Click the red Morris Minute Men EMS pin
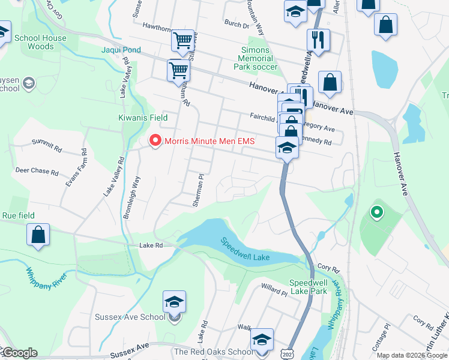pyautogui.click(x=155, y=141)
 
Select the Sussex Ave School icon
pyautogui.click(x=174, y=302)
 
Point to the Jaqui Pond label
pyautogui.click(x=121, y=50)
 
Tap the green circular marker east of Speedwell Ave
pyautogui.click(x=376, y=211)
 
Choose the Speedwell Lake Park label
pyautogui.click(x=309, y=286)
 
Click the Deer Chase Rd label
pyautogui.click(x=37, y=171)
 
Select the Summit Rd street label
pyautogui.click(x=47, y=145)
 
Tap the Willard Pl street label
pyautogui.click(x=274, y=290)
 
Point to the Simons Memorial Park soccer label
pyautogui.click(x=256, y=58)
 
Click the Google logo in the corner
pyautogui.click(x=19, y=353)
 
